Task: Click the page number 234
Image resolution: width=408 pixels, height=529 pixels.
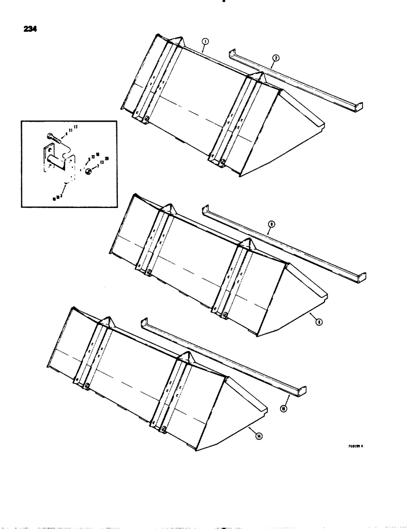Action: (30, 30)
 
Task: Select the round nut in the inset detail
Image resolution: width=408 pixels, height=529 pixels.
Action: (87, 170)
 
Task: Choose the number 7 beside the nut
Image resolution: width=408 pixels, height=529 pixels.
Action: (95, 166)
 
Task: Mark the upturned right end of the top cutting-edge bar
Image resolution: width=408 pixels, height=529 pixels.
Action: (359, 108)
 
